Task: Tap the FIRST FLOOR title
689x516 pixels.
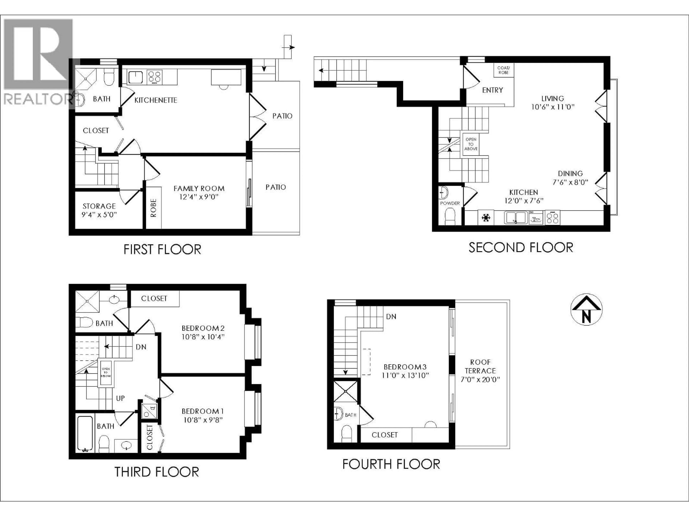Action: [162, 249]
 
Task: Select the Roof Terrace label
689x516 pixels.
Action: [480, 366]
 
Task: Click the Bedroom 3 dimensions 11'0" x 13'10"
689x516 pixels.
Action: [405, 375]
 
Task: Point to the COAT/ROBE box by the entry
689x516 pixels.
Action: [503, 70]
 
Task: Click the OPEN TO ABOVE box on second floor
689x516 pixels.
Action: [471, 144]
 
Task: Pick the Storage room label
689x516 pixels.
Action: [99, 206]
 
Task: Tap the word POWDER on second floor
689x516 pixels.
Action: [450, 203]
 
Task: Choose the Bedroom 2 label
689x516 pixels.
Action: [203, 328]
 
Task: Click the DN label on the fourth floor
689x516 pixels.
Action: [391, 317]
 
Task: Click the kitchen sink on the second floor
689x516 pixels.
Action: [515, 217]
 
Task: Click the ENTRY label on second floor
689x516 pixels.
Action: [493, 90]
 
